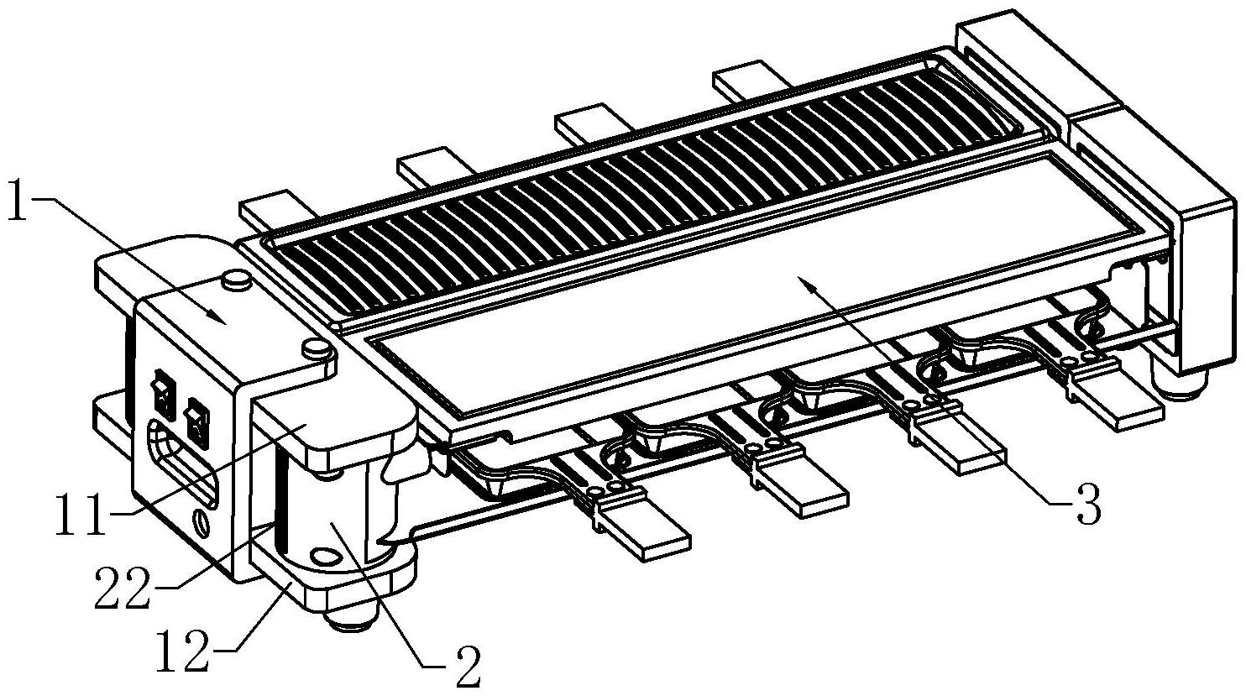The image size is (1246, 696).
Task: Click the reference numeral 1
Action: (x=18, y=201)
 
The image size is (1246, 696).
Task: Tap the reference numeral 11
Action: (x=81, y=515)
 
